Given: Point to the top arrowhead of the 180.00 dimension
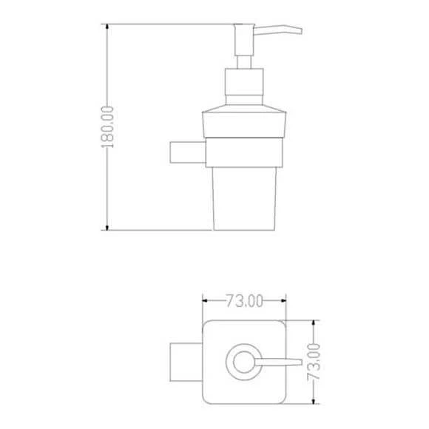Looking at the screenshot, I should click(x=107, y=29).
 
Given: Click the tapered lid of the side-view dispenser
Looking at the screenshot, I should click(x=243, y=121).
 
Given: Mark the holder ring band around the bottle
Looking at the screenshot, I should click(x=244, y=154).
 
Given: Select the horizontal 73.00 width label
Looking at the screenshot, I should click(x=244, y=300).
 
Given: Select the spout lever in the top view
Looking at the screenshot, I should click(x=280, y=362).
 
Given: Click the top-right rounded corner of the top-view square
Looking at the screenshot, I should click(x=280, y=325).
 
